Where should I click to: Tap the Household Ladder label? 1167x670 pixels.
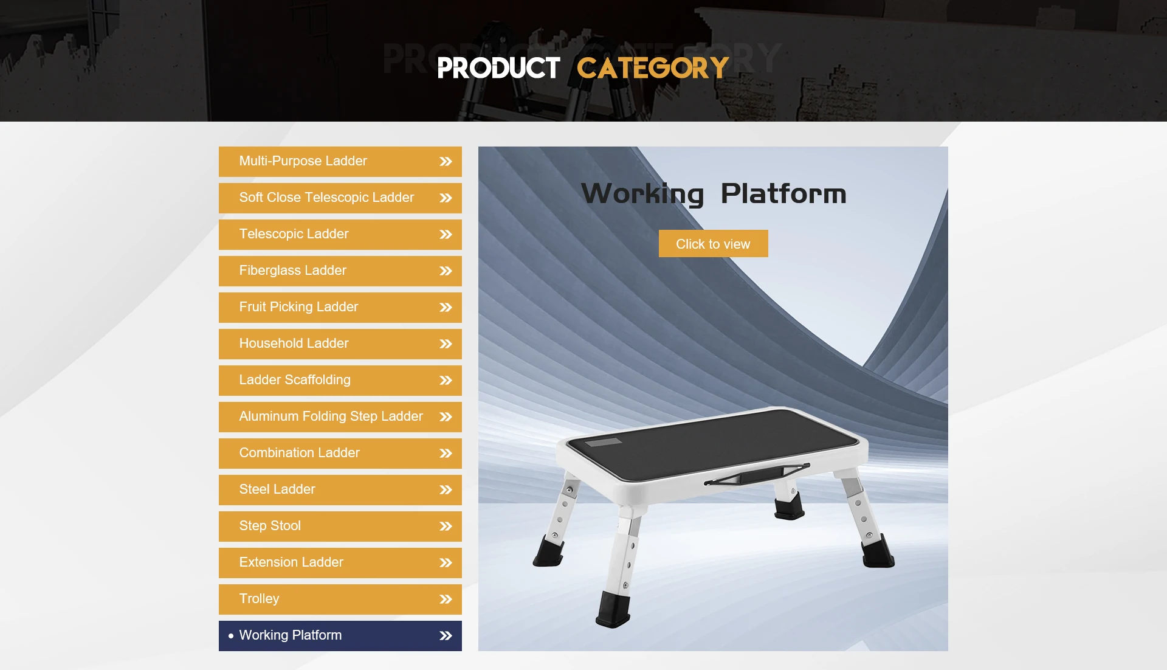click(x=294, y=344)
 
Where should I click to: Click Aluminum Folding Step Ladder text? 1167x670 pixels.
click(x=331, y=416)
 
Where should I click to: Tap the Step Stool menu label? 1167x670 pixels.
click(x=270, y=526)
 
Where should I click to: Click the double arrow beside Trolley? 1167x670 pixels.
click(x=446, y=599)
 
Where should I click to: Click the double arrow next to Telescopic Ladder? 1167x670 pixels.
click(x=446, y=235)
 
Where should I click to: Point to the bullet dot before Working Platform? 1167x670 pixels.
click(x=231, y=636)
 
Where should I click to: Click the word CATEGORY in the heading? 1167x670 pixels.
click(x=653, y=68)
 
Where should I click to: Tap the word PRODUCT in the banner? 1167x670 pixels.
click(x=498, y=68)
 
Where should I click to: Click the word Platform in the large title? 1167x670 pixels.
click(x=783, y=194)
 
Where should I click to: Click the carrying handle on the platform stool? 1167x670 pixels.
click(x=757, y=474)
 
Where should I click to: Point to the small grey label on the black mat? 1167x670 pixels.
click(x=604, y=442)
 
